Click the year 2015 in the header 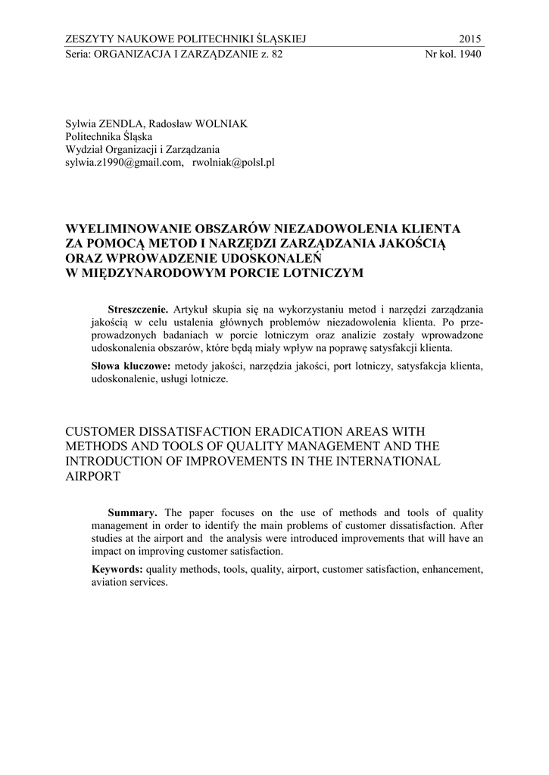[x=470, y=39]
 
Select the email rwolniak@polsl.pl [x=233, y=161]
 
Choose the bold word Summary [x=133, y=512]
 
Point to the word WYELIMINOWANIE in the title [x=129, y=228]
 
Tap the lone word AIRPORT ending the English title [x=93, y=478]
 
